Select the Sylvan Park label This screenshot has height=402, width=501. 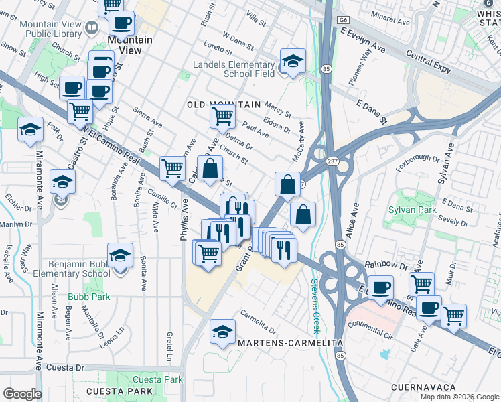[x=413, y=210]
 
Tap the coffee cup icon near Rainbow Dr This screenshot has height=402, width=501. [x=381, y=287]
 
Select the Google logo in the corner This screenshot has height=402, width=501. [x=22, y=394]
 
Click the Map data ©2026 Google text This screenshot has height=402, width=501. [x=459, y=397]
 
